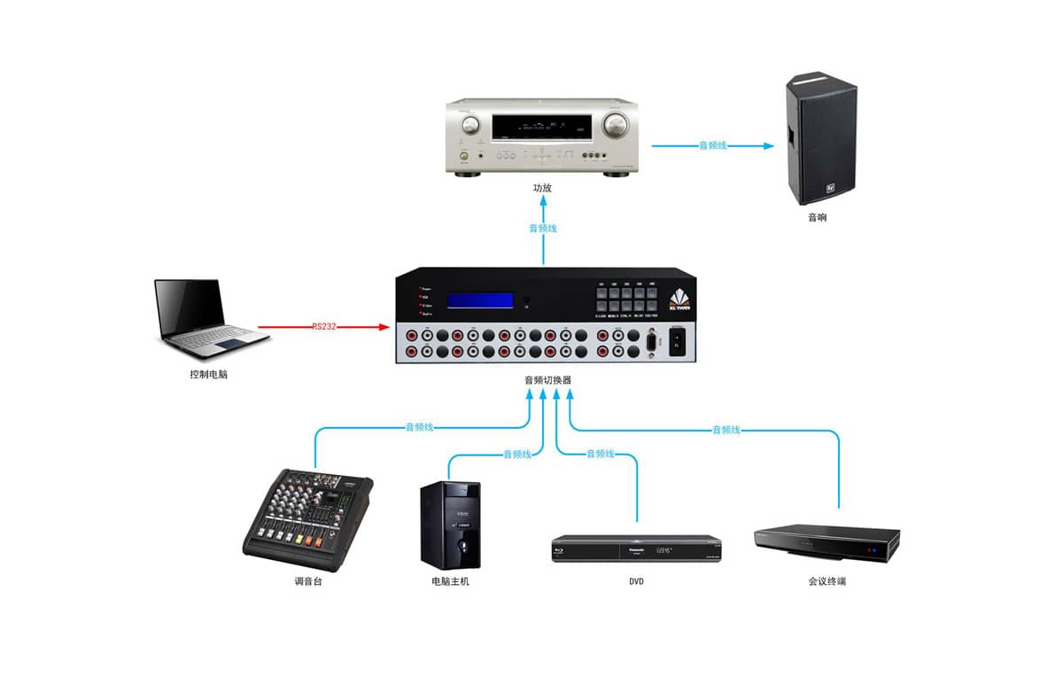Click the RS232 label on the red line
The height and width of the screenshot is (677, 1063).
coord(325,327)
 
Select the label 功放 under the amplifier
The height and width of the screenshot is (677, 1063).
coord(542,189)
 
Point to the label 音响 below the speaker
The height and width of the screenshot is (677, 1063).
coord(817,217)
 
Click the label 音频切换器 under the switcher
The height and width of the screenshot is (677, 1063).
coord(547,380)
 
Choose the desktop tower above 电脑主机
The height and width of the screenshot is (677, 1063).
coord(450,525)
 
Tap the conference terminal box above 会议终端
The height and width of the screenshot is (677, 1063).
coord(826,542)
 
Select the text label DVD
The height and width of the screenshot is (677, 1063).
coord(635,582)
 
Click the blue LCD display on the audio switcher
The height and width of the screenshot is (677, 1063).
coord(480,300)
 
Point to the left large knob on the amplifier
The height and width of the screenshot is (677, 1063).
coord(469,123)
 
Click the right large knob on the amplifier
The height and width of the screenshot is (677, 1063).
coord(618,123)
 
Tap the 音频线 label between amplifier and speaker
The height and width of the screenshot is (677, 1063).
coord(712,145)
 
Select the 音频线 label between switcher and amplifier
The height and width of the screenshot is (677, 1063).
coord(542,229)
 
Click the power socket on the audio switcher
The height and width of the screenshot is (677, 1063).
coord(679,343)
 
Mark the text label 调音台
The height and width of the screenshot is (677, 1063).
coord(307,582)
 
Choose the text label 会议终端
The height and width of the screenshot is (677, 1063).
coord(826,582)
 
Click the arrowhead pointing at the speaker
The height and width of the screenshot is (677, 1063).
coord(767,145)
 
